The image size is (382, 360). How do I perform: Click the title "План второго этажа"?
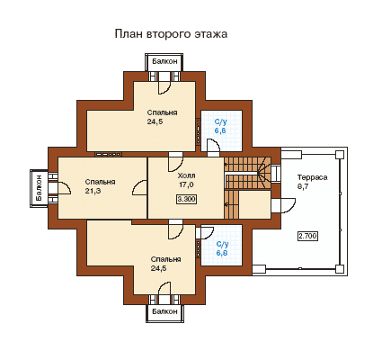(171, 33)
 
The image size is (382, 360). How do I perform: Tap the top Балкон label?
(164, 61)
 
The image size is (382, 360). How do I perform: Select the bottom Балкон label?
(164, 311)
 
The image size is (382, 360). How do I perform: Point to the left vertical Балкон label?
(39, 188)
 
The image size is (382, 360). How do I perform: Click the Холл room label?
(186, 175)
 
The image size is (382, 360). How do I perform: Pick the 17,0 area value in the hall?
(186, 184)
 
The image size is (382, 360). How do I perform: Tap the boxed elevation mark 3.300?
(186, 199)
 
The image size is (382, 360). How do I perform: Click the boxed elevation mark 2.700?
(307, 236)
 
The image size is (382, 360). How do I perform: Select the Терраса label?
(312, 177)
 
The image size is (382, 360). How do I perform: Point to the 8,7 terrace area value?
(303, 186)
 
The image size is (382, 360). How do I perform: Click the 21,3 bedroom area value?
(93, 191)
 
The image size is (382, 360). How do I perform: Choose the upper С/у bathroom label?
(221, 121)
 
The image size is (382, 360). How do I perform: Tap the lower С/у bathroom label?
(222, 244)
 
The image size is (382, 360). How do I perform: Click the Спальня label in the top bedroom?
(162, 112)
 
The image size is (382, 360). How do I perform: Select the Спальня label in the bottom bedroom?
(165, 259)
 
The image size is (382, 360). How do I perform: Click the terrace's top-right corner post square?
(340, 155)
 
